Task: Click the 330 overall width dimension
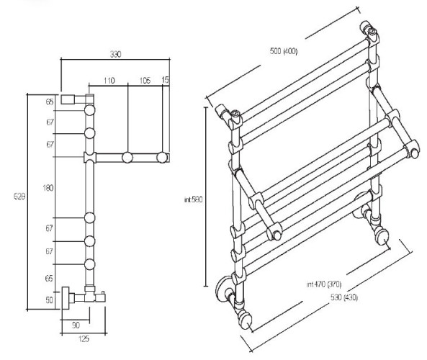point(115,54)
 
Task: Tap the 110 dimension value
point(109,81)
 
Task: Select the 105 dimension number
point(145,81)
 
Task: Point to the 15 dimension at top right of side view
point(166,80)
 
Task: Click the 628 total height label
point(19,196)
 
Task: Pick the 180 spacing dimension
point(48,188)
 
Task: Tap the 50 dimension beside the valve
point(49,300)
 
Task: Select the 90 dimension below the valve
point(76,325)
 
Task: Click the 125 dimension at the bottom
point(84,338)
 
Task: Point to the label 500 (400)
point(284,51)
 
